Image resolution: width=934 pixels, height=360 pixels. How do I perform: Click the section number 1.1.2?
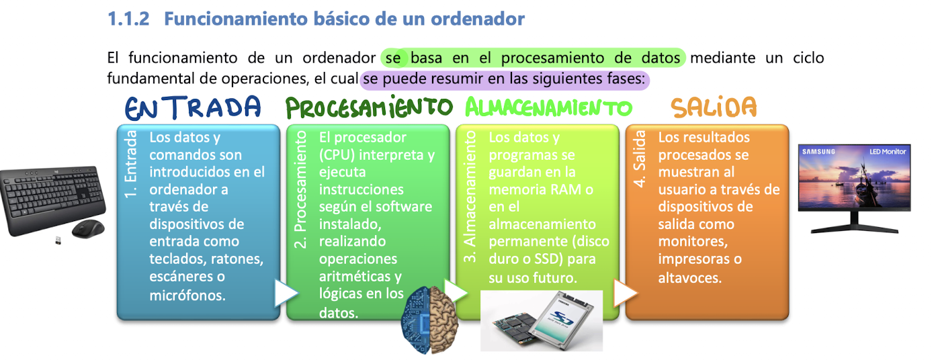(128, 19)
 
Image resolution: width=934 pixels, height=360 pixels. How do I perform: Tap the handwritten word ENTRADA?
(193, 107)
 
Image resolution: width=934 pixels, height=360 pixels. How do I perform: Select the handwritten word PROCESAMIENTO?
(369, 107)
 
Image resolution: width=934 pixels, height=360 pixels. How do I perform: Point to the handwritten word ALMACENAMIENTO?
(548, 107)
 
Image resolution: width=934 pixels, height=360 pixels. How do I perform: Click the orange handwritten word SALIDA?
(714, 107)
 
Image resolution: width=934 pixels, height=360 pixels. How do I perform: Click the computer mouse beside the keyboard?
(89, 229)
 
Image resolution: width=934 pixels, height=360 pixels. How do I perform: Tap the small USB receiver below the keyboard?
(58, 240)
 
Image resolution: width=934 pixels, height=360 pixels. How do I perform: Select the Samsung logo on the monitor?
(818, 152)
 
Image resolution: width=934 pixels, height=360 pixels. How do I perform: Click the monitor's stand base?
(854, 229)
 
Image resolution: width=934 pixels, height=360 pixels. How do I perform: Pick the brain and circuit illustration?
(429, 320)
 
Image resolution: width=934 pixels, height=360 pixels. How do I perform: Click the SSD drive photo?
(542, 320)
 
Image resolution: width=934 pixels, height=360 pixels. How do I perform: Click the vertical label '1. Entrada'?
(130, 164)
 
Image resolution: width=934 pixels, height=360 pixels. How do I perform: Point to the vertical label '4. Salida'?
(639, 159)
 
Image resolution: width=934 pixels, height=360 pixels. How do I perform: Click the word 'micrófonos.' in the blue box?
(187, 296)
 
